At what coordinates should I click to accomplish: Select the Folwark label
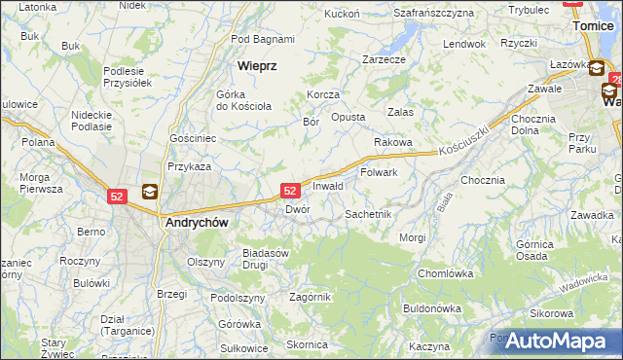379,172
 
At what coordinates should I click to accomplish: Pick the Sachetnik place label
368,213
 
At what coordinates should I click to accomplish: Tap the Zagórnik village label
311,297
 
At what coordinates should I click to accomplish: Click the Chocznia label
483,180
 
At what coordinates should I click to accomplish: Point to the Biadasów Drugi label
267,258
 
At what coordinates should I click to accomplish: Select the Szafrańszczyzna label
433,13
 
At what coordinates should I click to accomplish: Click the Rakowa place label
393,142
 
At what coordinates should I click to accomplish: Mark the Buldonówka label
431,308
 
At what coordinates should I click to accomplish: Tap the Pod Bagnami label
263,39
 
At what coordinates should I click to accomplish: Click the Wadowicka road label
583,281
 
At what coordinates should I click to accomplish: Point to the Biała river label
446,201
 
